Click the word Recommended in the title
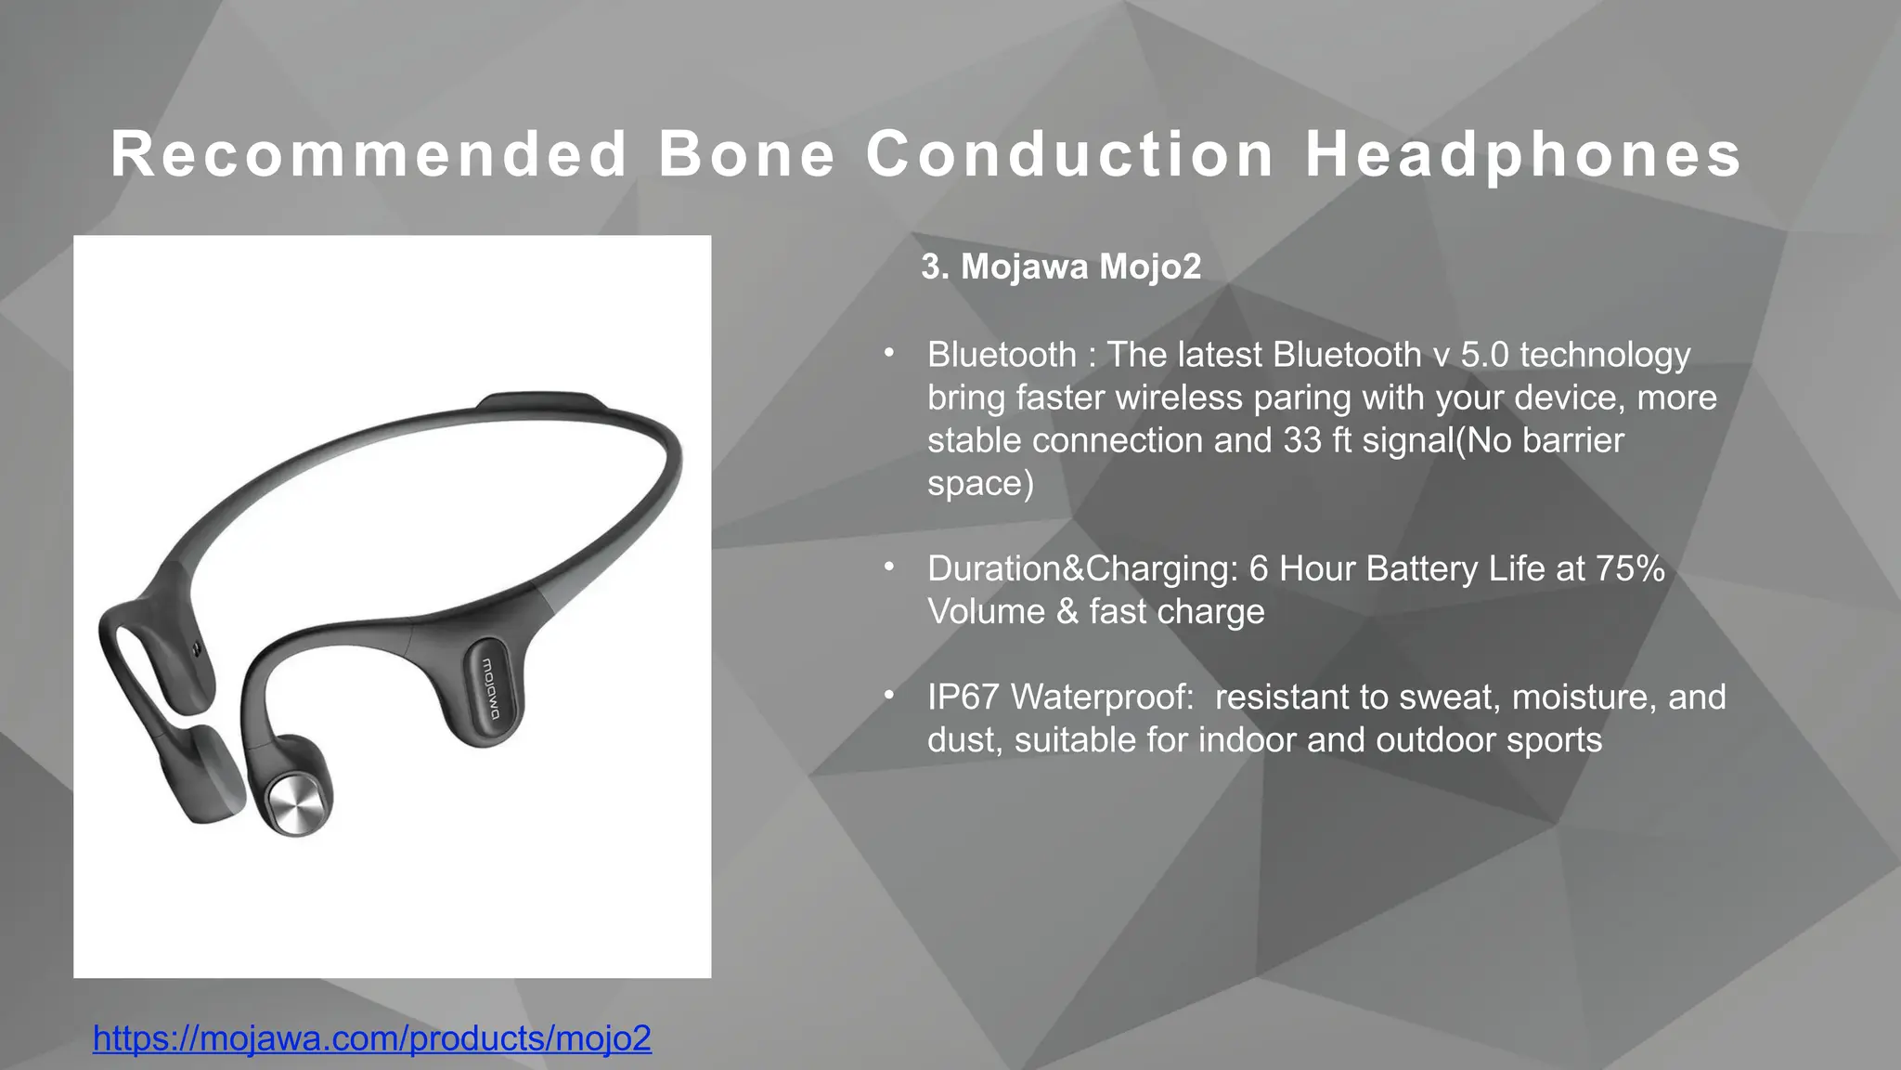pos(369,154)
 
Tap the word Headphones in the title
pos(1523,154)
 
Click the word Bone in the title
pos(747,154)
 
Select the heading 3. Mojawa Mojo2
pos(1061,267)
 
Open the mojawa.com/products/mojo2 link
pos(372,1037)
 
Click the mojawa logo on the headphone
pos(490,689)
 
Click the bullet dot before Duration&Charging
pos(888,566)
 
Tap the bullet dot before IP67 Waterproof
pos(888,694)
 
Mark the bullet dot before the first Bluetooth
pos(888,352)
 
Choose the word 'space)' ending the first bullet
pos(980,483)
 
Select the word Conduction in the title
pos(1070,154)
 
